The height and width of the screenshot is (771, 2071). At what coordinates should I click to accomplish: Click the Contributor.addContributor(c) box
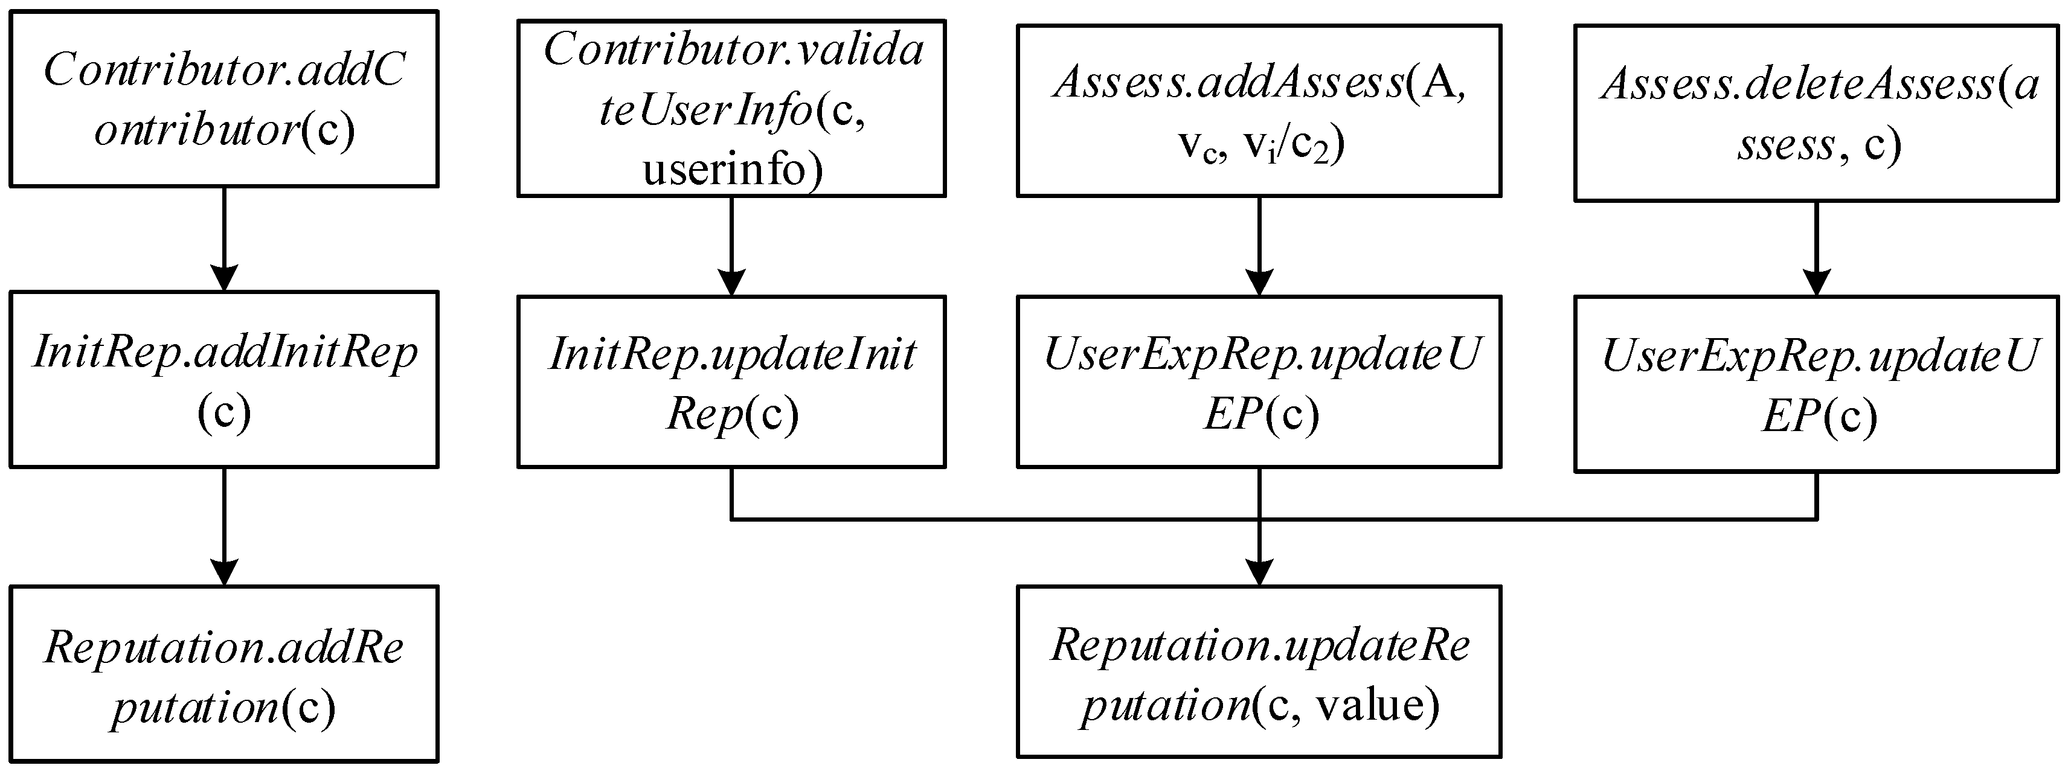(x=223, y=99)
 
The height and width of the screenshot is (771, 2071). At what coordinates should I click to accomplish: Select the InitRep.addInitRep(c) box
(x=223, y=380)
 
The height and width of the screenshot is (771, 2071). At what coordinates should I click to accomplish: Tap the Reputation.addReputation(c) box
(x=223, y=674)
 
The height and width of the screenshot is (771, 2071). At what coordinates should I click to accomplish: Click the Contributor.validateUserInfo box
(x=731, y=109)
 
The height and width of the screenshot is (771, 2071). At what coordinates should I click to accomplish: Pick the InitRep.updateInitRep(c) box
(x=731, y=382)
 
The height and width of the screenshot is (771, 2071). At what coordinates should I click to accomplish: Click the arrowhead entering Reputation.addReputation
(x=223, y=572)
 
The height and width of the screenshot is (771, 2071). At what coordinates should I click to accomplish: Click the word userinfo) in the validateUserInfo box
(x=733, y=170)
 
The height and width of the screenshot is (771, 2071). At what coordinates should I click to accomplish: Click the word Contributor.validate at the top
(x=733, y=50)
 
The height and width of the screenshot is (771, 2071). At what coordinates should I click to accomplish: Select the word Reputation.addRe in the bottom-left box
(x=223, y=647)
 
